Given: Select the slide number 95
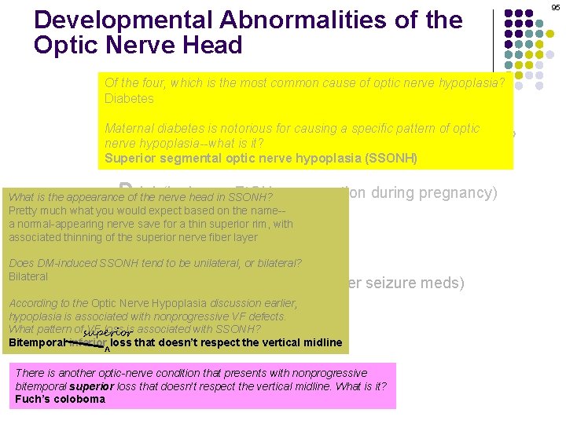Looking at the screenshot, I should pos(556,7).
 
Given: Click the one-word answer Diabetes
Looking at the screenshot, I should pos(129,99).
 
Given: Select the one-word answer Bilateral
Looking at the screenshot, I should pos(28,276).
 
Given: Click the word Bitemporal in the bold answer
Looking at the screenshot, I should pos(36,342).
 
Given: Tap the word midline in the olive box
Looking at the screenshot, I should pos(322,342).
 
